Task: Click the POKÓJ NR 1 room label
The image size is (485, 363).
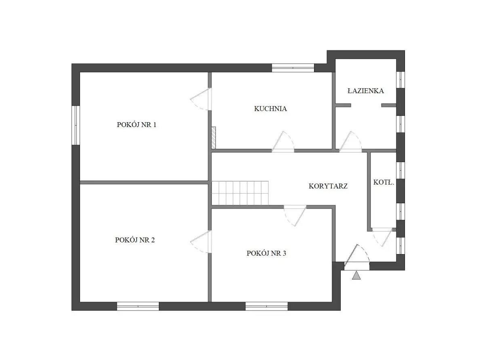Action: (136, 125)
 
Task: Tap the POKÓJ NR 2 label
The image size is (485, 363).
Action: (135, 240)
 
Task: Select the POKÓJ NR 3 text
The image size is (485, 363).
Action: (266, 253)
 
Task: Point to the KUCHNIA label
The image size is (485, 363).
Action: (270, 108)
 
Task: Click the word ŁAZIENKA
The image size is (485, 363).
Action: (366, 91)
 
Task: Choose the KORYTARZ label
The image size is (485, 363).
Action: (328, 186)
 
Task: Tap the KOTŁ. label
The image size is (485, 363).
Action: (384, 182)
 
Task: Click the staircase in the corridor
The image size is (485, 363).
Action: (240, 193)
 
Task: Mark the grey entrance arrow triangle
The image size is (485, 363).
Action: (356, 275)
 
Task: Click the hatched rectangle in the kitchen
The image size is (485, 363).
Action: (213, 138)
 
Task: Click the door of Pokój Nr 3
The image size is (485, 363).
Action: (295, 216)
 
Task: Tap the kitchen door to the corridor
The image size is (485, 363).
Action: (283, 142)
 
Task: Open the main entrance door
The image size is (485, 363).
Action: (357, 257)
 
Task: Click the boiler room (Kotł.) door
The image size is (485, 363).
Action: (382, 237)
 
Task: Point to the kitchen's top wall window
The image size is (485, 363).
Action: (293, 68)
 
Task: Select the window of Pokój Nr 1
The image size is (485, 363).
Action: (76, 125)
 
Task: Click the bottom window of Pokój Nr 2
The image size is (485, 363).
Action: (138, 306)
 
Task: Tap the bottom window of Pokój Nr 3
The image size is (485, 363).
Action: (266, 306)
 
